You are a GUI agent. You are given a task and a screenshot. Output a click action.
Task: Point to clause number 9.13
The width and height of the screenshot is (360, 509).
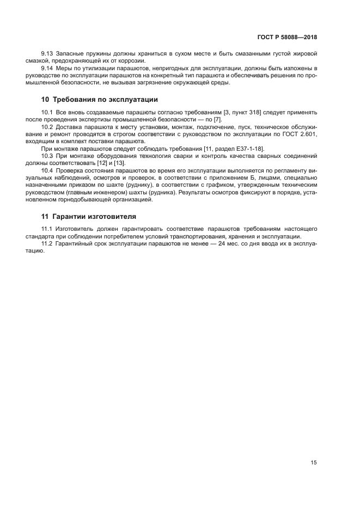(48, 54)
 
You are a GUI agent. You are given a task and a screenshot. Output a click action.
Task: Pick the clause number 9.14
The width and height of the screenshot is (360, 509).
(48, 68)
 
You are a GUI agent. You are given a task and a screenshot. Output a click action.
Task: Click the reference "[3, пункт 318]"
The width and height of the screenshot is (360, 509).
(238, 112)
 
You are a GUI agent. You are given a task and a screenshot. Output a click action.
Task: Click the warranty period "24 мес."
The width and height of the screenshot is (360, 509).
(218, 244)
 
